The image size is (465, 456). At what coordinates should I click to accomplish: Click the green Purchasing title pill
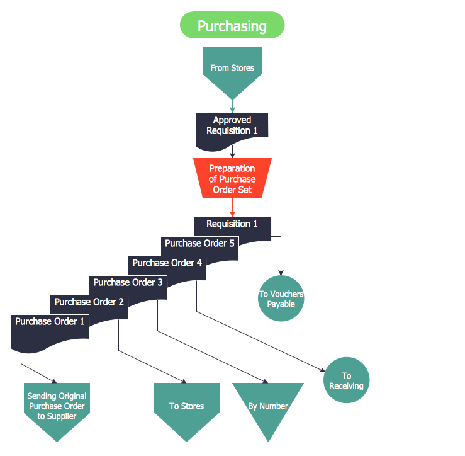click(x=232, y=26)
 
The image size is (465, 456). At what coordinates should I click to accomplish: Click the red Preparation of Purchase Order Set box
click(x=232, y=179)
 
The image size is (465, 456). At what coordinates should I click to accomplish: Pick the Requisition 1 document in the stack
click(x=232, y=224)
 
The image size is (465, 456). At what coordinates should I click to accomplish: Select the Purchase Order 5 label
click(x=199, y=243)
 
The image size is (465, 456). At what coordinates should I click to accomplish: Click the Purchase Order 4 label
click(x=167, y=263)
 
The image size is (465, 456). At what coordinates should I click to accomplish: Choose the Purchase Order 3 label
click(x=128, y=282)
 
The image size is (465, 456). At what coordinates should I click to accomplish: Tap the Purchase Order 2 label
click(x=89, y=302)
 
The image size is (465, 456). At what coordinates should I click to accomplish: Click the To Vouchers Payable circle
click(x=281, y=299)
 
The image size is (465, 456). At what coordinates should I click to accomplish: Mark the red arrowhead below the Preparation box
click(x=232, y=214)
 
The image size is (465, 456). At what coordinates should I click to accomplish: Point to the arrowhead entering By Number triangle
click(x=265, y=380)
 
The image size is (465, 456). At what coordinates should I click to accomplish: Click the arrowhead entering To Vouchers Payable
click(x=281, y=271)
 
